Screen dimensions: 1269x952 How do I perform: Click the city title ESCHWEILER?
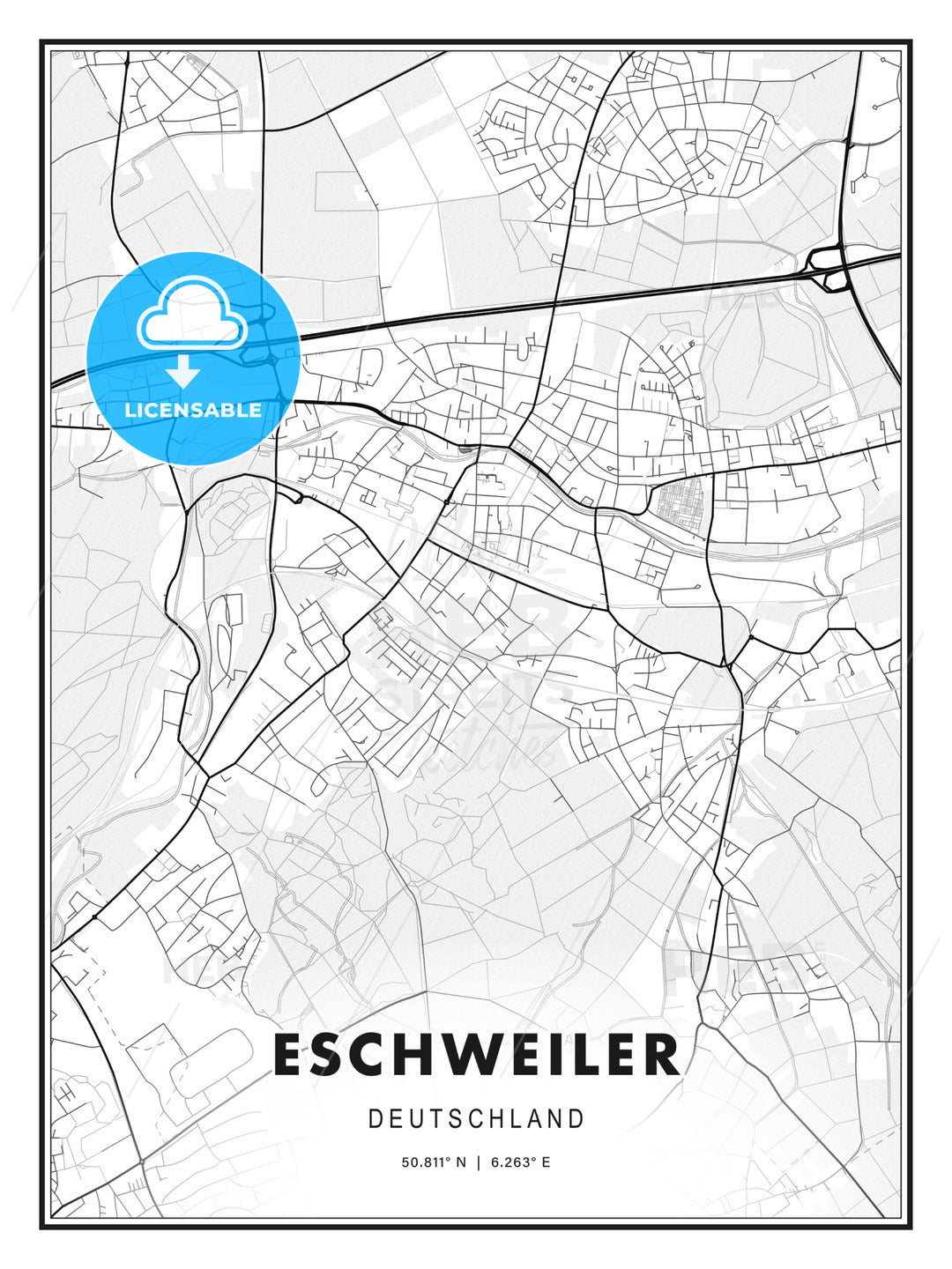(476, 1055)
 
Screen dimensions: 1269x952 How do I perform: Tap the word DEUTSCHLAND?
(476, 1119)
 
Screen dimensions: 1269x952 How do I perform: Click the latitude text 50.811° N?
(433, 1162)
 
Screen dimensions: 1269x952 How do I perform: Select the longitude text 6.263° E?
(521, 1162)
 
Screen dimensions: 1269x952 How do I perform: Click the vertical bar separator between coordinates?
(478, 1162)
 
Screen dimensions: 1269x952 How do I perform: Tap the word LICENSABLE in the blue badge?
(193, 410)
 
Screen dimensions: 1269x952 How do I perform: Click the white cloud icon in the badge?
(192, 315)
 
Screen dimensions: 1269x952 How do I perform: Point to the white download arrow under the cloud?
(183, 371)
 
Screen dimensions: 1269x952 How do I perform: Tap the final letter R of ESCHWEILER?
(662, 1055)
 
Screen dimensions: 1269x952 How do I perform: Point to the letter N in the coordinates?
(460, 1162)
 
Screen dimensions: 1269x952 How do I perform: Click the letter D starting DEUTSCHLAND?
(375, 1119)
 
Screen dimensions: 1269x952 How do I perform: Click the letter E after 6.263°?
(546, 1162)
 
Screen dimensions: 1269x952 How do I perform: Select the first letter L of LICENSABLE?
(130, 410)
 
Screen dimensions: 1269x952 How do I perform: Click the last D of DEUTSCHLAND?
(577, 1119)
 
